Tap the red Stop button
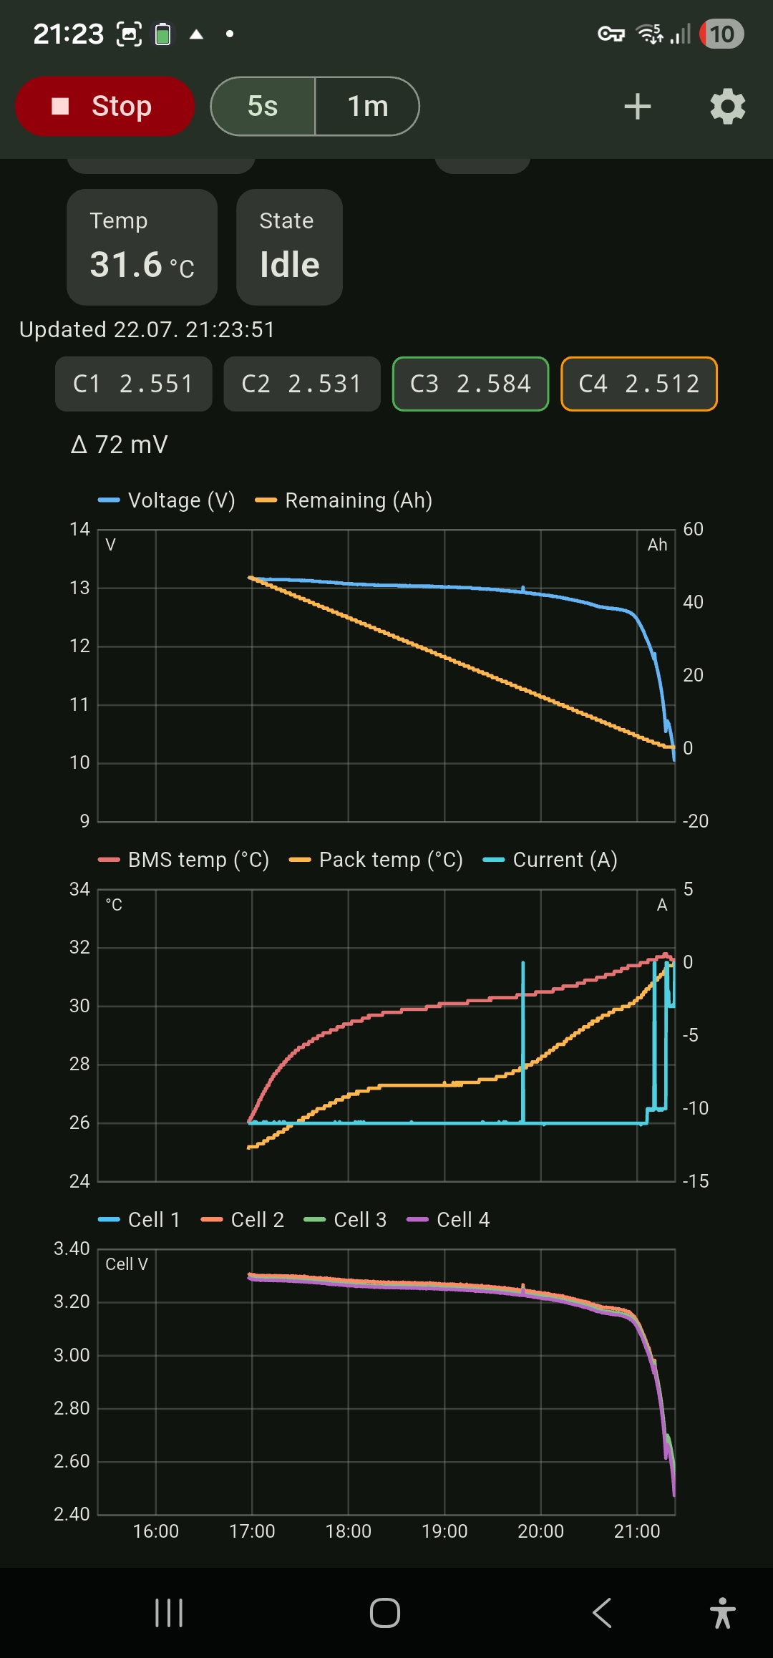pyautogui.click(x=104, y=106)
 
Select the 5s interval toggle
pyautogui.click(x=263, y=106)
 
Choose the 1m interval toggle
pyautogui.click(x=367, y=106)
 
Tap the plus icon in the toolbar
pyautogui.click(x=637, y=107)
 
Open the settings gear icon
pyautogui.click(x=728, y=107)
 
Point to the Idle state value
pyautogui.click(x=290, y=265)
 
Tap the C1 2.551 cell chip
pyautogui.click(x=134, y=384)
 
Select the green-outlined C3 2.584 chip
pyautogui.click(x=471, y=384)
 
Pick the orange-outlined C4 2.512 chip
pyautogui.click(x=639, y=384)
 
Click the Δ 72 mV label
pyautogui.click(x=120, y=445)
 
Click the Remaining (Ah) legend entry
pyautogui.click(x=344, y=500)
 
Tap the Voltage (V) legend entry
pyautogui.click(x=167, y=500)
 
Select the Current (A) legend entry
pyautogui.click(x=550, y=860)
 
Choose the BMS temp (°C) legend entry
pyautogui.click(x=184, y=860)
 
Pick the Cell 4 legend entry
pyautogui.click(x=448, y=1220)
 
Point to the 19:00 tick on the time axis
pyautogui.click(x=444, y=1531)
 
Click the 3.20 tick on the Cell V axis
pyautogui.click(x=72, y=1301)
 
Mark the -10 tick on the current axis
pyautogui.click(x=695, y=1108)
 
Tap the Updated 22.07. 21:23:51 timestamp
pyautogui.click(x=147, y=329)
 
